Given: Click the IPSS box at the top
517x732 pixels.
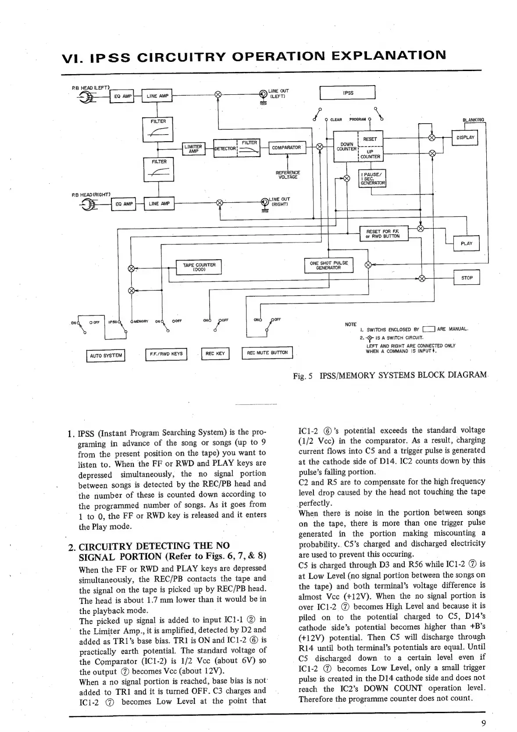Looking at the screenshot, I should pyautogui.click(x=348, y=93).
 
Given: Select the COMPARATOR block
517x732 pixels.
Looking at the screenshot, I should pyautogui.click(x=286, y=148).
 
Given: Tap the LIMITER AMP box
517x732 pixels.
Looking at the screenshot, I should pyautogui.click(x=194, y=149).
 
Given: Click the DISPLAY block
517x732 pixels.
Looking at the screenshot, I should pyautogui.click(x=465, y=138).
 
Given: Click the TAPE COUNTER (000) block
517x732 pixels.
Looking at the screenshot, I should pyautogui.click(x=199, y=267).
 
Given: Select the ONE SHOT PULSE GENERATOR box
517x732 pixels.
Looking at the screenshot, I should pyautogui.click(x=328, y=265).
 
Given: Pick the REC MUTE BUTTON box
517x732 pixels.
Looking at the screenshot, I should pyautogui.click(x=267, y=353).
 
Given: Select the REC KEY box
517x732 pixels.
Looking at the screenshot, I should pyautogui.click(x=215, y=354).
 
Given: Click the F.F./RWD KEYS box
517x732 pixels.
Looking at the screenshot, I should pyautogui.click(x=166, y=354).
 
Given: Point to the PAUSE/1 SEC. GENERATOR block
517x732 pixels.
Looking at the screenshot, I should pyautogui.click(x=372, y=178).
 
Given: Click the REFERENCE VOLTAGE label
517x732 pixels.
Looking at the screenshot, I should pyautogui.click(x=287, y=175).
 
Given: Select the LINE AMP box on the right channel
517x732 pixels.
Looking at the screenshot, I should pyautogui.click(x=159, y=204).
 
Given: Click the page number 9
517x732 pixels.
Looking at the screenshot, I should pyautogui.click(x=483, y=724).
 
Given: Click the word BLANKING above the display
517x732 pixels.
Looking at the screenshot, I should pyautogui.click(x=474, y=120).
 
